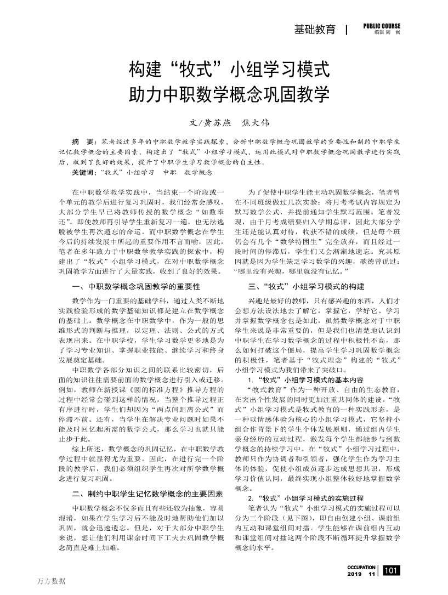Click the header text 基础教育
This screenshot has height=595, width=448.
coord(314,30)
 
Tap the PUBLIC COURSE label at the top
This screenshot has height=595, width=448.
coord(381,26)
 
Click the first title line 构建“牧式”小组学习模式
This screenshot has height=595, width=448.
coord(229,70)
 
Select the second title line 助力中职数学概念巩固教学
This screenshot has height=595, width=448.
coord(229,94)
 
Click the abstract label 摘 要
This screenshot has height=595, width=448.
coord(83,141)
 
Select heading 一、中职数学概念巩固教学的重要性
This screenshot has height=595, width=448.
coord(136,286)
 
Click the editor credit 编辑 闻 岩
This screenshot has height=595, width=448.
coord(387,33)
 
